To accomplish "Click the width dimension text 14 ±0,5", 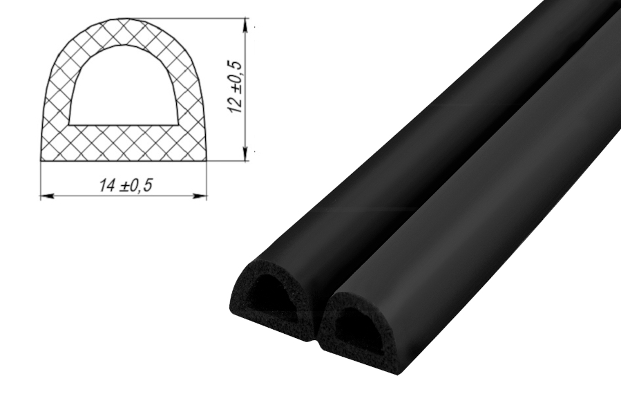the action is (x=126, y=185).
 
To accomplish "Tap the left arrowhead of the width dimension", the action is (x=47, y=196).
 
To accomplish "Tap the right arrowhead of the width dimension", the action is (x=200, y=196).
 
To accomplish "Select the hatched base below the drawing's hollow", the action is (x=123, y=143).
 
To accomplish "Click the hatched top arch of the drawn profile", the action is (x=123, y=32).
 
